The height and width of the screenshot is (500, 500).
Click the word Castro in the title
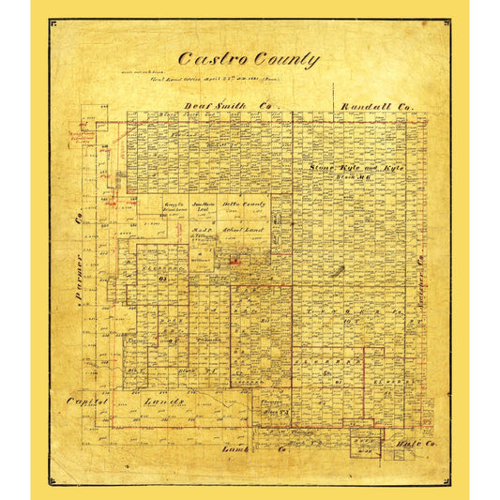[x=205, y=59]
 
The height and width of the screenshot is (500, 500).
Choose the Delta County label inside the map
[x=244, y=204]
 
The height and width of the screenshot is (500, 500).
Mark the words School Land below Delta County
[x=245, y=229]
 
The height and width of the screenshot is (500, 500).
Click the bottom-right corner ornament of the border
[x=446, y=480]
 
